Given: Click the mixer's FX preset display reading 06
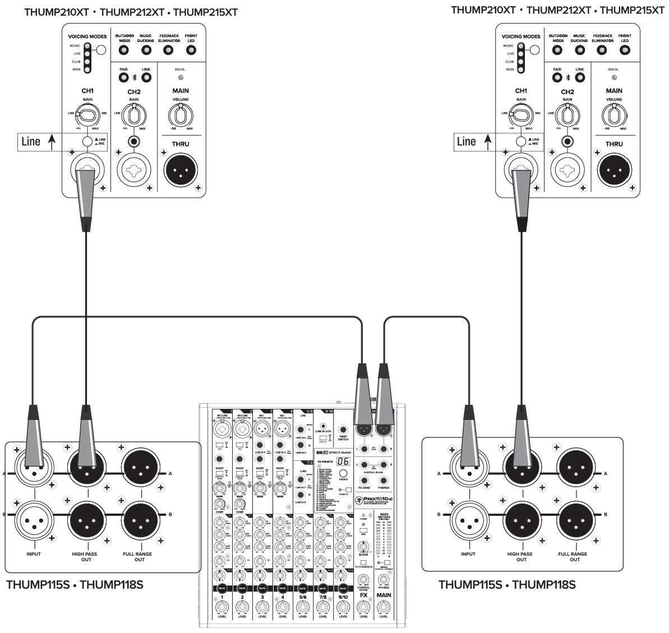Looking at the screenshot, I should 343,461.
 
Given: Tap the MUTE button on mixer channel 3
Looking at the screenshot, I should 262,588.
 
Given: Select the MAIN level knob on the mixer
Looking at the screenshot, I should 384,607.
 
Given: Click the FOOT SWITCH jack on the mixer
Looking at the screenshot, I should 343,429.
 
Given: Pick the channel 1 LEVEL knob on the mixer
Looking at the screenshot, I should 222,607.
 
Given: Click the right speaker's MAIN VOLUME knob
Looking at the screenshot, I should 614,116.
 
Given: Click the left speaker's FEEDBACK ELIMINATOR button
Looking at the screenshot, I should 168,50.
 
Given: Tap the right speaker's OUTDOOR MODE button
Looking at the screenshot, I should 558,50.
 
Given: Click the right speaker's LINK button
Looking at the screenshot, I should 580,77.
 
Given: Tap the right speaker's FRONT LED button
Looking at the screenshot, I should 625,50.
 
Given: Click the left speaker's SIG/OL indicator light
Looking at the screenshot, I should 181,77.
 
